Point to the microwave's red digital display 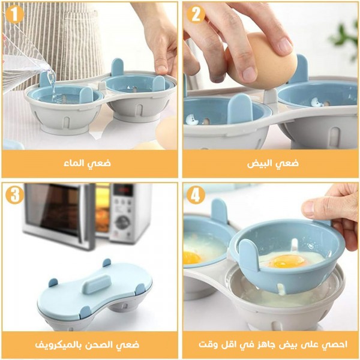[124, 191]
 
